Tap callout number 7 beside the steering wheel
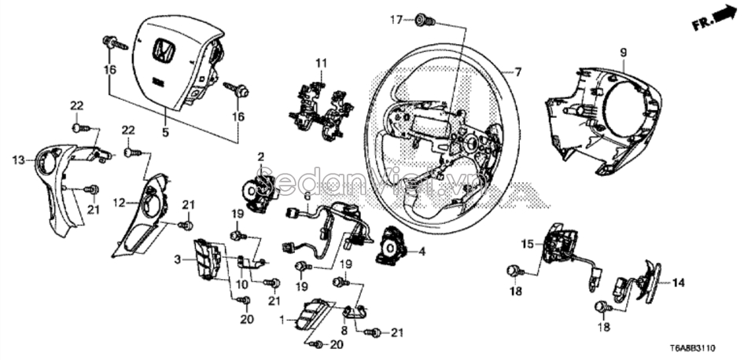(517, 72)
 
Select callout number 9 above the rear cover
(622, 53)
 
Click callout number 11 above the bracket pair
(320, 62)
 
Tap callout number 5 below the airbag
(165, 134)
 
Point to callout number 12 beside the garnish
(118, 203)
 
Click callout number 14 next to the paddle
(679, 281)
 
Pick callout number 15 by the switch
(529, 244)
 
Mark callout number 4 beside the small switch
(422, 252)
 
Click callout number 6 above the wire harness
(307, 195)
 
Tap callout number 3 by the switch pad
(178, 259)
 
